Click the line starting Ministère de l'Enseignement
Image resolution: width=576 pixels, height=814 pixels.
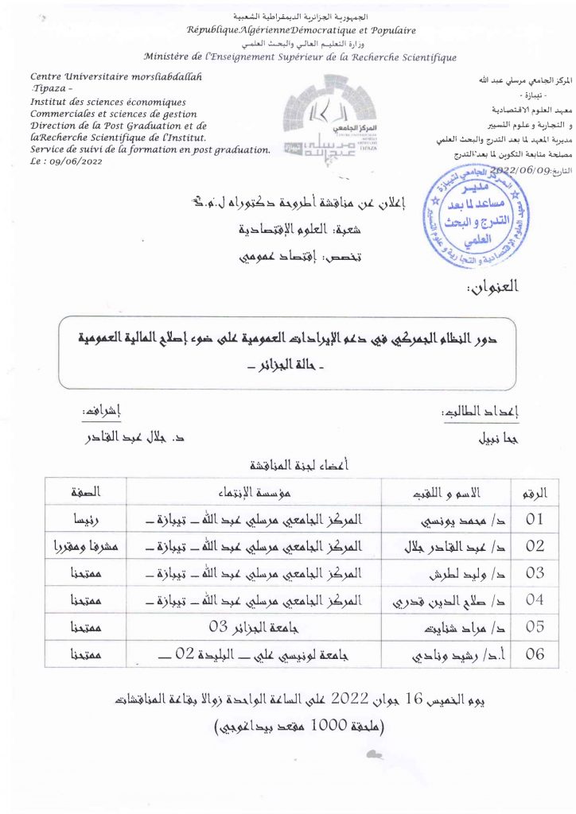300,57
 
